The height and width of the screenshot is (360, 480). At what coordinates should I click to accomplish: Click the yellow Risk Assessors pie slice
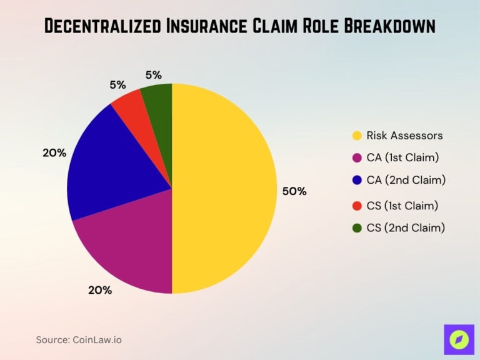[225, 187]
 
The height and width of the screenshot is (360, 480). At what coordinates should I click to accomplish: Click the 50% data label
[294, 192]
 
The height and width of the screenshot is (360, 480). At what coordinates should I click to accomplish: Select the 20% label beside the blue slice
[54, 152]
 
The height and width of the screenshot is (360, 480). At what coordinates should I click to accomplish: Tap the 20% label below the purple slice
[100, 290]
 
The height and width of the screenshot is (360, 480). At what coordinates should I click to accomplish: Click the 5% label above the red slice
[117, 84]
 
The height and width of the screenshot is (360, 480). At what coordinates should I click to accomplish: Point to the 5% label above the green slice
[154, 74]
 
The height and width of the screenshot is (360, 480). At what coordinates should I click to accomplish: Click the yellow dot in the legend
[357, 136]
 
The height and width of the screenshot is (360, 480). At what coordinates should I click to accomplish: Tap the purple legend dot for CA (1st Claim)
[357, 158]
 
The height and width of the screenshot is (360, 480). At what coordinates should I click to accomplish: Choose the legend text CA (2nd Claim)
[406, 180]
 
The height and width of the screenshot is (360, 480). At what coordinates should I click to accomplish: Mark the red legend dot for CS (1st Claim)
[357, 205]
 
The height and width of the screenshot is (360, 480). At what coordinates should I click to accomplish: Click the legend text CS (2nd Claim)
[406, 228]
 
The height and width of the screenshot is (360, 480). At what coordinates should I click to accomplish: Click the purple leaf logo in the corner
[458, 339]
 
